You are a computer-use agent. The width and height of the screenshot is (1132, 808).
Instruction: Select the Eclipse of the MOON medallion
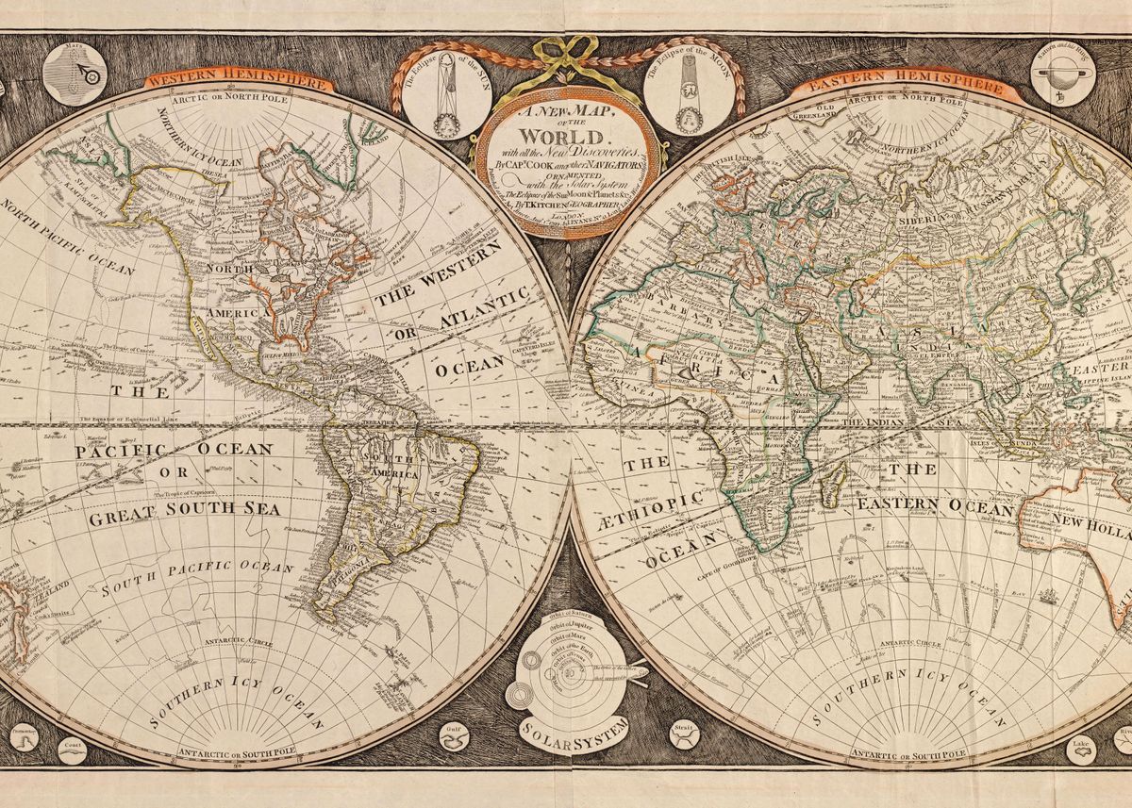(688, 97)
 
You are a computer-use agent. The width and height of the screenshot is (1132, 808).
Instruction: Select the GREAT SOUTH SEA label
(177, 518)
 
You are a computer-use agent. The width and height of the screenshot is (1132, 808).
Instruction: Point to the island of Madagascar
(832, 486)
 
